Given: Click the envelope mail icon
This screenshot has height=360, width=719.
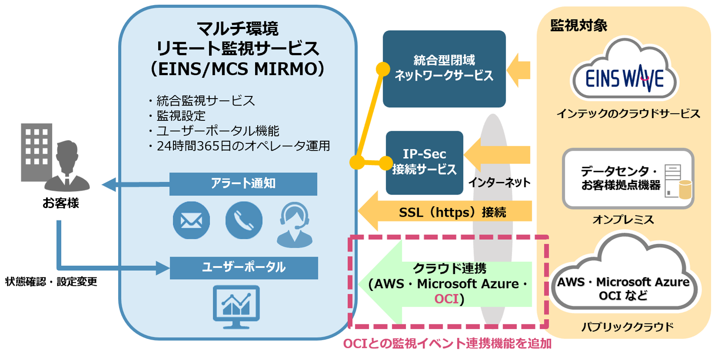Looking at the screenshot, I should [191, 220].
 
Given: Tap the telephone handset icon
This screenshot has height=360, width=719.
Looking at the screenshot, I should [244, 220].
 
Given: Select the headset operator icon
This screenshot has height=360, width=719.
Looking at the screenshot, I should [295, 225].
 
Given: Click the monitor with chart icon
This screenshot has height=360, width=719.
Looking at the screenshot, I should [236, 307].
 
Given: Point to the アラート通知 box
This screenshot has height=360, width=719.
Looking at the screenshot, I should [243, 184].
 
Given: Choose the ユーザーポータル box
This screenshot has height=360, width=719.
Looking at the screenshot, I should [244, 268].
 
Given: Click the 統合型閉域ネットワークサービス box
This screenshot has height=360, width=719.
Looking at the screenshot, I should [444, 69].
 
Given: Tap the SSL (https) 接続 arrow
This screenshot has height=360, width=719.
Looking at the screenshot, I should [452, 212].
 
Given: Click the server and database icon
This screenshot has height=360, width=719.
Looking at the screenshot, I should [677, 182].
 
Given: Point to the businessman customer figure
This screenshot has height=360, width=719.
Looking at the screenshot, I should [67, 167].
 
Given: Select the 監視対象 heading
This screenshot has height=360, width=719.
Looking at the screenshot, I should [579, 26].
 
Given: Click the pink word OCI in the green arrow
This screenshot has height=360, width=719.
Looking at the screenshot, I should [446, 299].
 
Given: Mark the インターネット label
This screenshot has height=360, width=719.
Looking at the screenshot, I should [499, 183].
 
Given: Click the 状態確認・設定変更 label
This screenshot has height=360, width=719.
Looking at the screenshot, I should [51, 281].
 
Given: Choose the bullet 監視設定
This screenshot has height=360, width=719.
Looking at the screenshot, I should [181, 116].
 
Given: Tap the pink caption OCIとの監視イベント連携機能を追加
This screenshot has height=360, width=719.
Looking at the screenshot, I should [447, 344].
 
